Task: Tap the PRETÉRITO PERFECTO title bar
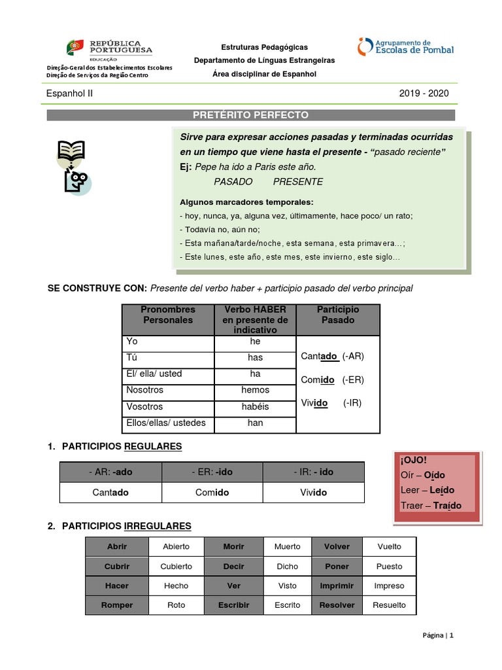click(x=250, y=115)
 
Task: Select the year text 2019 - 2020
click(x=424, y=94)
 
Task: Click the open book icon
click(x=71, y=151)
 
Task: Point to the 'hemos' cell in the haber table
click(x=255, y=390)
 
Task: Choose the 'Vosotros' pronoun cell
click(x=168, y=406)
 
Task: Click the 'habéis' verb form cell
click(x=255, y=406)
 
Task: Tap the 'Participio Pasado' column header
click(x=337, y=315)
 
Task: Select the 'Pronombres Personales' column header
click(x=168, y=315)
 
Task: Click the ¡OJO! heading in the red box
click(x=413, y=459)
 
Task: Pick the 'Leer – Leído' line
click(x=427, y=490)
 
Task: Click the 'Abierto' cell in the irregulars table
click(x=176, y=546)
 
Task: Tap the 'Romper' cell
click(x=117, y=605)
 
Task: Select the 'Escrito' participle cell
click(x=288, y=605)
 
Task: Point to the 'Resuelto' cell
click(x=389, y=605)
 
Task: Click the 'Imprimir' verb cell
click(x=337, y=586)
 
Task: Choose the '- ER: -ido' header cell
click(x=212, y=472)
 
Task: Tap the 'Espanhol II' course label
click(x=69, y=94)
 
